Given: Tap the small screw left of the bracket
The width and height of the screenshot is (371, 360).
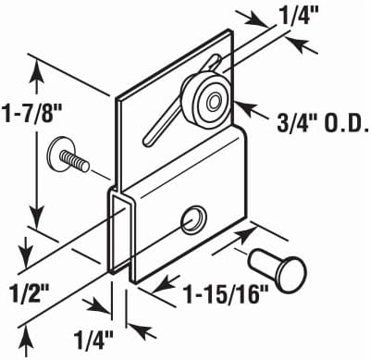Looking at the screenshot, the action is click(68, 157).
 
